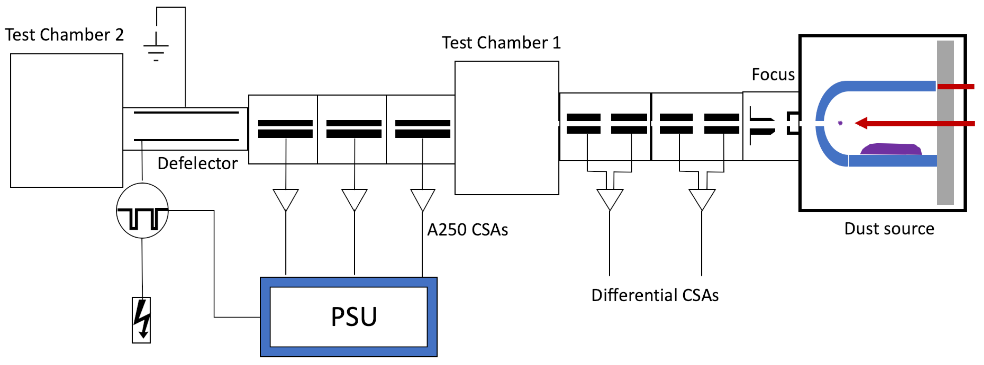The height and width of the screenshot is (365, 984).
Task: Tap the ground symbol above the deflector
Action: pyautogui.click(x=156, y=48)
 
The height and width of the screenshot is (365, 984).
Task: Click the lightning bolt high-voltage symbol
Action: pyautogui.click(x=141, y=320)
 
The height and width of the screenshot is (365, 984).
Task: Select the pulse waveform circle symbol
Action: pyautogui.click(x=142, y=211)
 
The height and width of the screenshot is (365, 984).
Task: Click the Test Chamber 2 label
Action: pyautogui.click(x=64, y=35)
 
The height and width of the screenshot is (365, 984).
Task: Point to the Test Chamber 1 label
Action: pyautogui.click(x=501, y=42)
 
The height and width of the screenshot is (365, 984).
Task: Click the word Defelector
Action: pyautogui.click(x=197, y=163)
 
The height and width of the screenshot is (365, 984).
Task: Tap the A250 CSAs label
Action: pyautogui.click(x=467, y=230)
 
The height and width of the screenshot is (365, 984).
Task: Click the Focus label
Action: pyautogui.click(x=773, y=75)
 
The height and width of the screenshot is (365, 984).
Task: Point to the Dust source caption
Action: pyautogui.click(x=889, y=229)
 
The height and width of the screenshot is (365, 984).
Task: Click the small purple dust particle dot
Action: pyautogui.click(x=840, y=123)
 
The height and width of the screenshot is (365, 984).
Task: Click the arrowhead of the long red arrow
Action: pyautogui.click(x=861, y=123)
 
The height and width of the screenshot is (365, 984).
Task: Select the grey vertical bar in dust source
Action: pyautogui.click(x=945, y=122)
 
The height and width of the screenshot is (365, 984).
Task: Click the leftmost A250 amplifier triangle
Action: pyautogui.click(x=285, y=198)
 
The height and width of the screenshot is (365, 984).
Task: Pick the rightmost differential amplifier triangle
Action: pyautogui.click(x=701, y=198)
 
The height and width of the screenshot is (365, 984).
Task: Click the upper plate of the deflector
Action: pyautogui.click(x=186, y=112)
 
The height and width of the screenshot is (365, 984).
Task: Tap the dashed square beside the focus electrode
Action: pyautogui.click(x=793, y=123)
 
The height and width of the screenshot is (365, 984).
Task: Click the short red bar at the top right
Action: pyautogui.click(x=955, y=87)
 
